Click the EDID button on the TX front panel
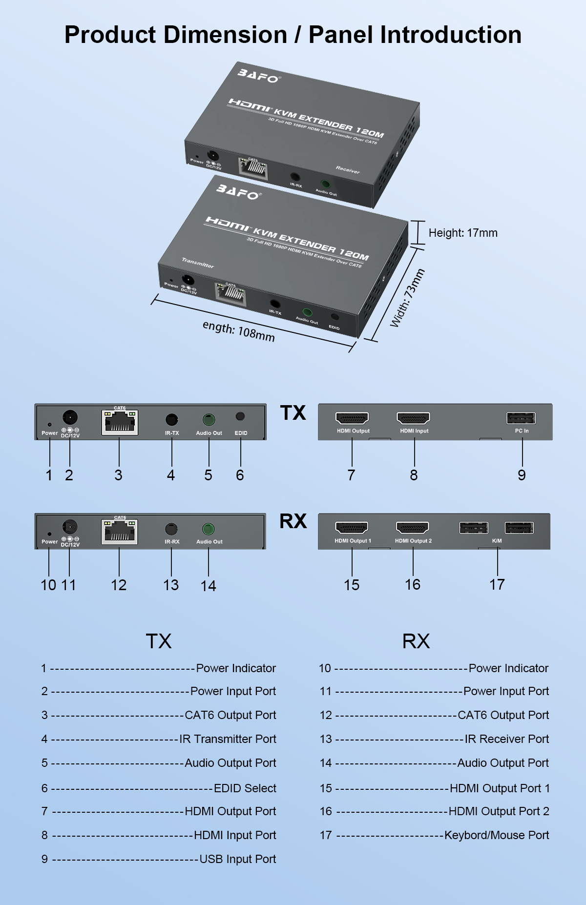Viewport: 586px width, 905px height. (x=240, y=417)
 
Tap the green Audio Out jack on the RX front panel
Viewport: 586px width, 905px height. (x=209, y=529)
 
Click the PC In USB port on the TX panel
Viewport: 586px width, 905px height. (x=521, y=418)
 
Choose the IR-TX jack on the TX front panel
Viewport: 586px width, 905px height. (x=171, y=419)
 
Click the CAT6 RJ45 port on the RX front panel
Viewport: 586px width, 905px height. (x=120, y=532)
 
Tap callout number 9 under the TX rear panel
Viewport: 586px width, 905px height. (x=522, y=475)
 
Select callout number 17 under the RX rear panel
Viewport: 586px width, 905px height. (x=497, y=584)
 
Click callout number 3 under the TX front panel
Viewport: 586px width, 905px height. (x=118, y=475)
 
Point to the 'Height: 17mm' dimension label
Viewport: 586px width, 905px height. (x=463, y=233)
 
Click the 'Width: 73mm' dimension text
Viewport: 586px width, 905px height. (x=407, y=298)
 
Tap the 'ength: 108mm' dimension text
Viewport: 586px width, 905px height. (x=239, y=331)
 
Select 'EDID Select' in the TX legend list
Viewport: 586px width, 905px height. (x=245, y=788)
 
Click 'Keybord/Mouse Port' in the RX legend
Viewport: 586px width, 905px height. (x=497, y=835)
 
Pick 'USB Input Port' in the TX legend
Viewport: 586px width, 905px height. (x=238, y=859)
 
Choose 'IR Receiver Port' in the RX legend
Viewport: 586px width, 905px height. (x=507, y=739)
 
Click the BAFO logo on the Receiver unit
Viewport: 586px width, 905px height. (x=258, y=76)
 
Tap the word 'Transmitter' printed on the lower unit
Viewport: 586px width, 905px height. (x=198, y=263)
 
